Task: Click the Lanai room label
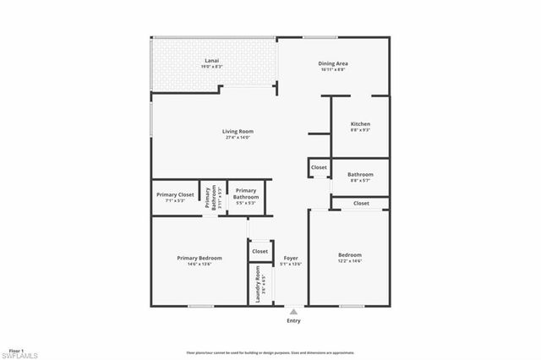coord(212,60)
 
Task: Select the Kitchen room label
coord(361,124)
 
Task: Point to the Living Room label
coord(238,131)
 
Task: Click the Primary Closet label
coord(175,194)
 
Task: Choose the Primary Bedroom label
coord(199,258)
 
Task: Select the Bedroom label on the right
coord(350,255)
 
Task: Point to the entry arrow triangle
coord(293,311)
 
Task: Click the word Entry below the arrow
coord(293,321)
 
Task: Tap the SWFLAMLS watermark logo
coord(25,353)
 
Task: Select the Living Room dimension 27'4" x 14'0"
coord(238,138)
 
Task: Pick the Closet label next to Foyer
coord(260,251)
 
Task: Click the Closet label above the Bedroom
coord(361,203)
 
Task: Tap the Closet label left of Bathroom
coord(319,167)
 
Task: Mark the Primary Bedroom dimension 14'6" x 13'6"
coord(199,265)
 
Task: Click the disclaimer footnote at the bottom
coord(281,352)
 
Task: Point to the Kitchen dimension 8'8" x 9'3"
coord(361,131)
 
